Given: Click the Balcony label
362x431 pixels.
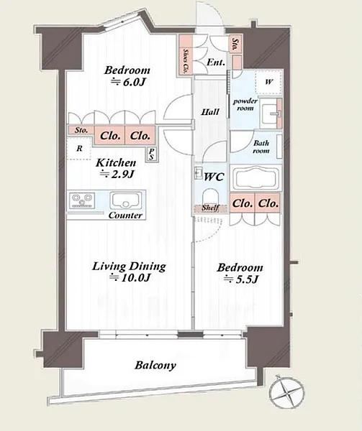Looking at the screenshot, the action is pyautogui.click(x=155, y=366).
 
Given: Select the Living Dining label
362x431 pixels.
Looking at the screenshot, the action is pyautogui.click(x=129, y=267).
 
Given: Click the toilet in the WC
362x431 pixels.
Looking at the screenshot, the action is pyautogui.click(x=210, y=197).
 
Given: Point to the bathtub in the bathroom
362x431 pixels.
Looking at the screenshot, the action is pyautogui.click(x=256, y=177).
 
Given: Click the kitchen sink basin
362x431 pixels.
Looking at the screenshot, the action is pyautogui.click(x=126, y=200).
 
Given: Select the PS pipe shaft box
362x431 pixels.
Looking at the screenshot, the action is pyautogui.click(x=151, y=154).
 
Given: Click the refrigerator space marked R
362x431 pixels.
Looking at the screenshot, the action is pyautogui.click(x=79, y=149).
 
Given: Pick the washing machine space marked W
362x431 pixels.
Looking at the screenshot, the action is pyautogui.click(x=269, y=82).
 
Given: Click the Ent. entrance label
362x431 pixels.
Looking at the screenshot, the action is pyautogui.click(x=216, y=62).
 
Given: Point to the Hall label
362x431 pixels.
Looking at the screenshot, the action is pyautogui.click(x=210, y=112).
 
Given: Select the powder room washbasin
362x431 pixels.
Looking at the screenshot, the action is pyautogui.click(x=268, y=113).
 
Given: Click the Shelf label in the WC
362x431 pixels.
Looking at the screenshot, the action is pyautogui.click(x=210, y=208).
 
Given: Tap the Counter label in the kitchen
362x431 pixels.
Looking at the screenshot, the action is pyautogui.click(x=125, y=215).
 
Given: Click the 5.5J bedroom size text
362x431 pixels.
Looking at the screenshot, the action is pyautogui.click(x=240, y=279).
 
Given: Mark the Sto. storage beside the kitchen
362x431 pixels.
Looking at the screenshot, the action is pyautogui.click(x=81, y=130).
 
